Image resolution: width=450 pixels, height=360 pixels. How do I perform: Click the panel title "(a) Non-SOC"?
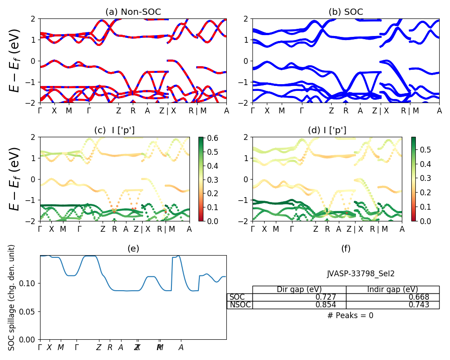pos(133,12)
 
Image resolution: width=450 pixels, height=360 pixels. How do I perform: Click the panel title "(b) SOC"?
pos(346,12)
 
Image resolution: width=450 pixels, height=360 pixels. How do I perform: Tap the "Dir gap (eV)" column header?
pos(299,289)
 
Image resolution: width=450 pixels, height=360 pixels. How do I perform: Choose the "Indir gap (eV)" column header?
pos(393,289)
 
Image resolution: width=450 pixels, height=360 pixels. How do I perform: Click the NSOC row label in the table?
pos(240,305)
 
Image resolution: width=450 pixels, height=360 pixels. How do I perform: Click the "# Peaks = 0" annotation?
pos(351,315)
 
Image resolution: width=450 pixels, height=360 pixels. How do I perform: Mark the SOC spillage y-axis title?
pos(12,297)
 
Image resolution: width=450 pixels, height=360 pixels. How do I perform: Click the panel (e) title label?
pos(133,248)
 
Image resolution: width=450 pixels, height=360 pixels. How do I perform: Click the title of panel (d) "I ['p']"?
pos(327,130)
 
